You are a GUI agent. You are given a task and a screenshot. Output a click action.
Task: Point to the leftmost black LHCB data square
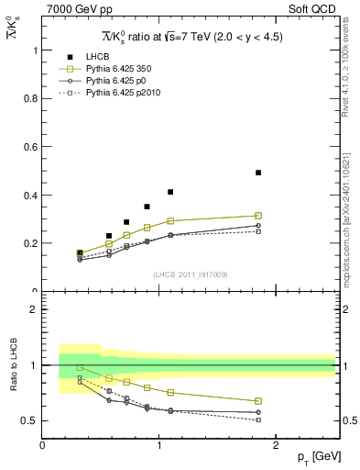point(80,252)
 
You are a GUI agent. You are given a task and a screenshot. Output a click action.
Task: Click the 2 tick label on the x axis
point(277,445)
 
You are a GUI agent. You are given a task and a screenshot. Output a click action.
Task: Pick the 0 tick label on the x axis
point(42,445)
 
